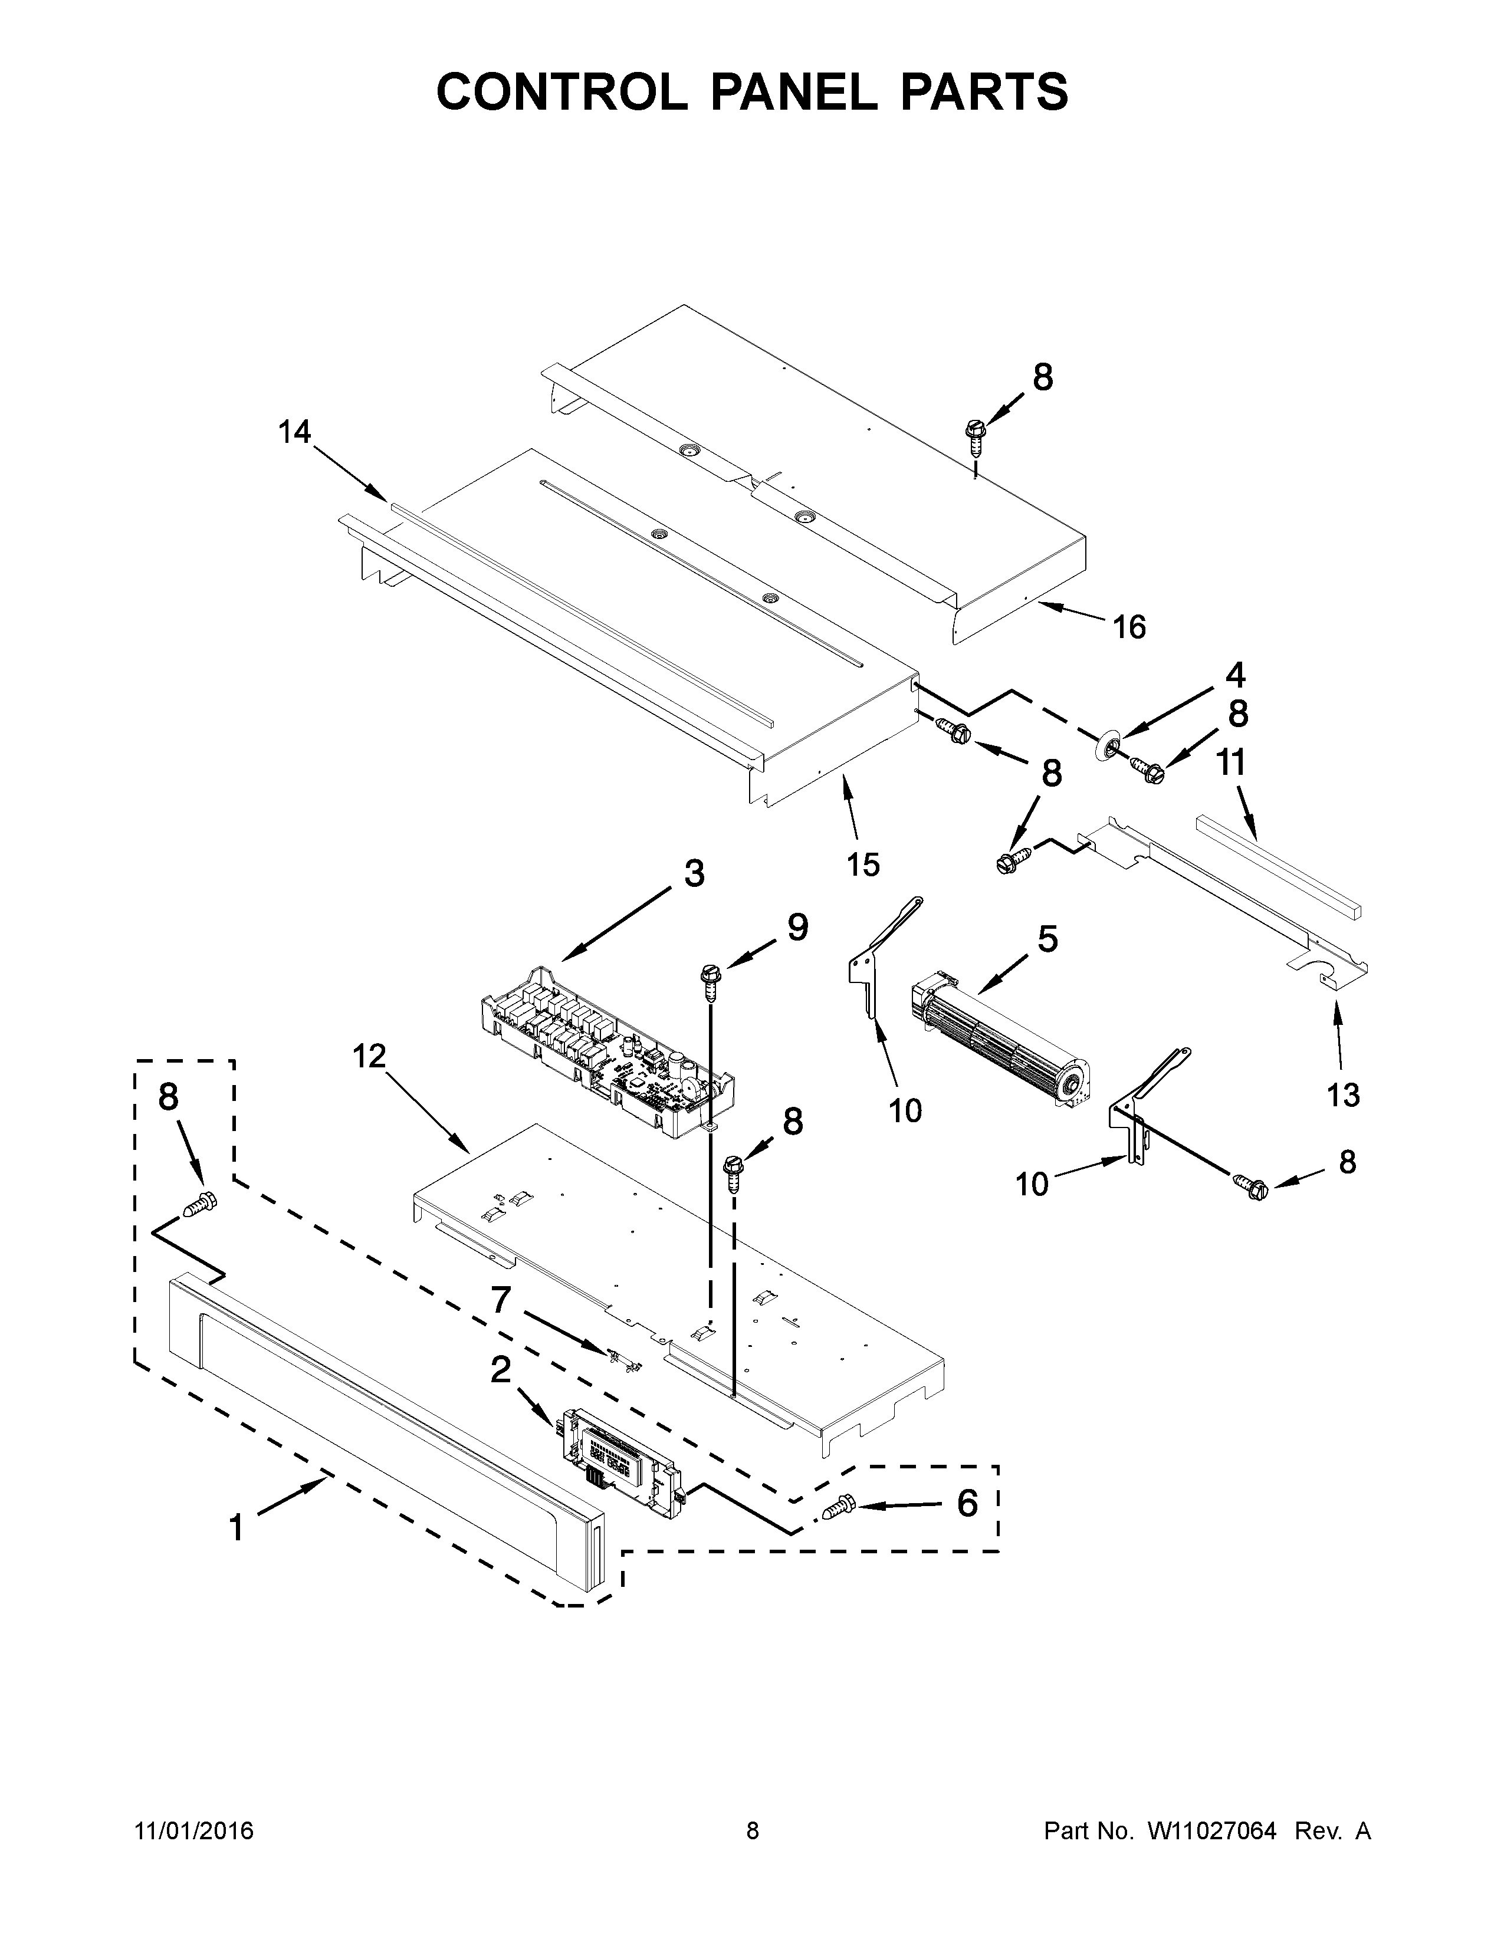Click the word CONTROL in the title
[x=561, y=92]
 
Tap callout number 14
[x=294, y=432]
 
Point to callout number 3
[x=694, y=873]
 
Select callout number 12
[x=369, y=1057]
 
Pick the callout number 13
[x=1343, y=1094]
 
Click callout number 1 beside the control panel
[x=236, y=1528]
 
